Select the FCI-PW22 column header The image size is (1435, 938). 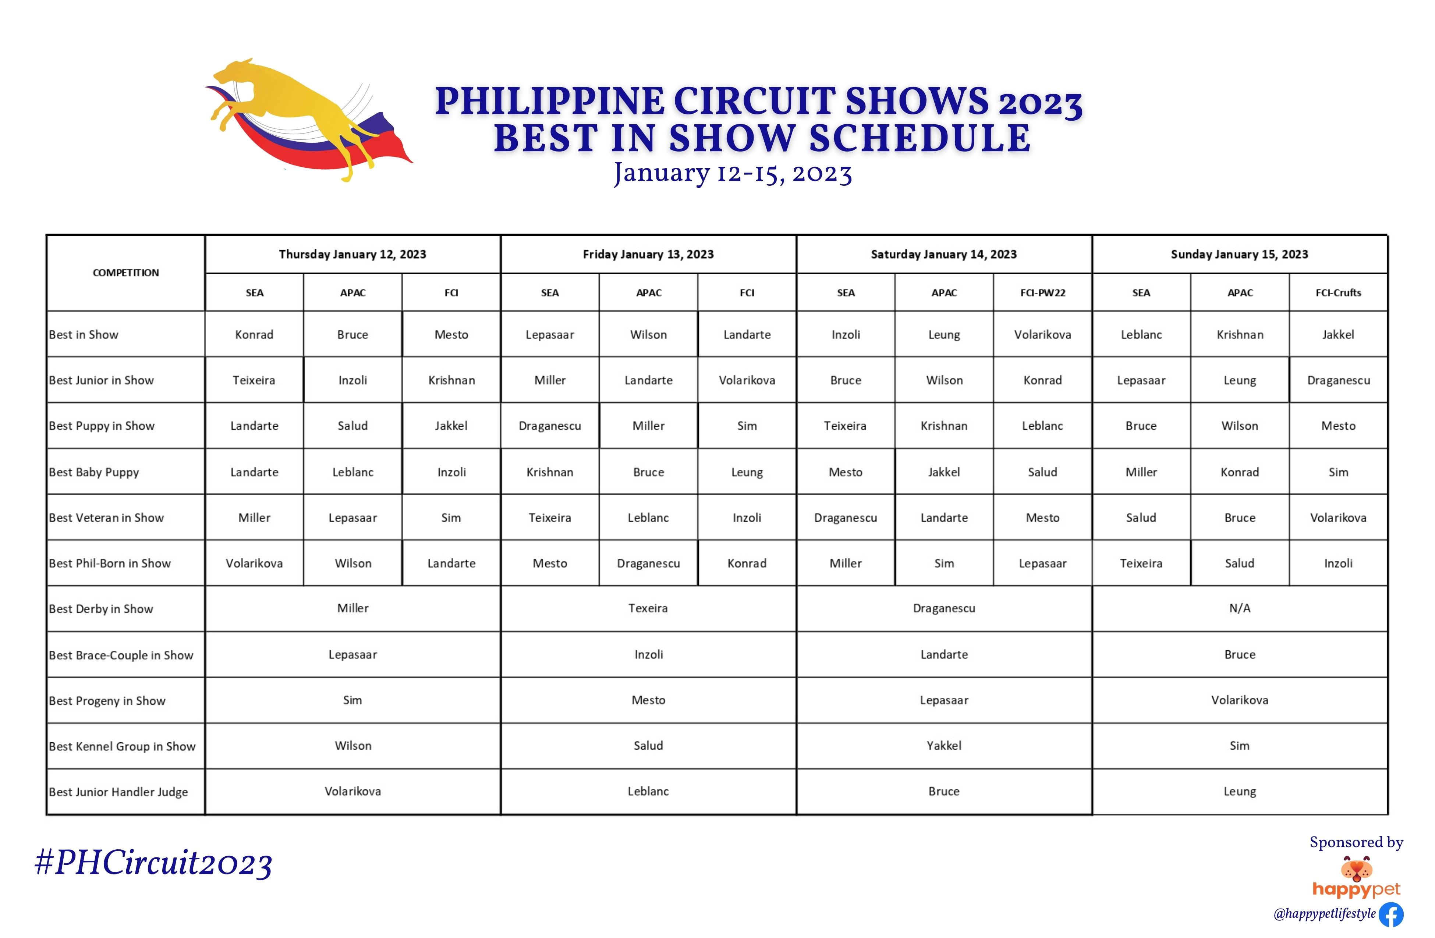[1042, 293]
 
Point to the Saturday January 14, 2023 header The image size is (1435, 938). [943, 255]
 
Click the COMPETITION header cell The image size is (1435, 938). [126, 273]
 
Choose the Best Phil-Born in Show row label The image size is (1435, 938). [110, 563]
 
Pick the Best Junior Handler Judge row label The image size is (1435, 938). [118, 792]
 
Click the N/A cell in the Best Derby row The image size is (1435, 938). [1240, 608]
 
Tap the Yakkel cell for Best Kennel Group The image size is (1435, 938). [943, 746]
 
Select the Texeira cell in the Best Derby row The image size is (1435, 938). [648, 608]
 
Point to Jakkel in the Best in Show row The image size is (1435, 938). [1338, 335]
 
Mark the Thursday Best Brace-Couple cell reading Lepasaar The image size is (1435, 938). [353, 655]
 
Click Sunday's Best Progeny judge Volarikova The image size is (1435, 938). [1240, 700]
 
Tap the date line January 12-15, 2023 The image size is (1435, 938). [733, 174]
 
